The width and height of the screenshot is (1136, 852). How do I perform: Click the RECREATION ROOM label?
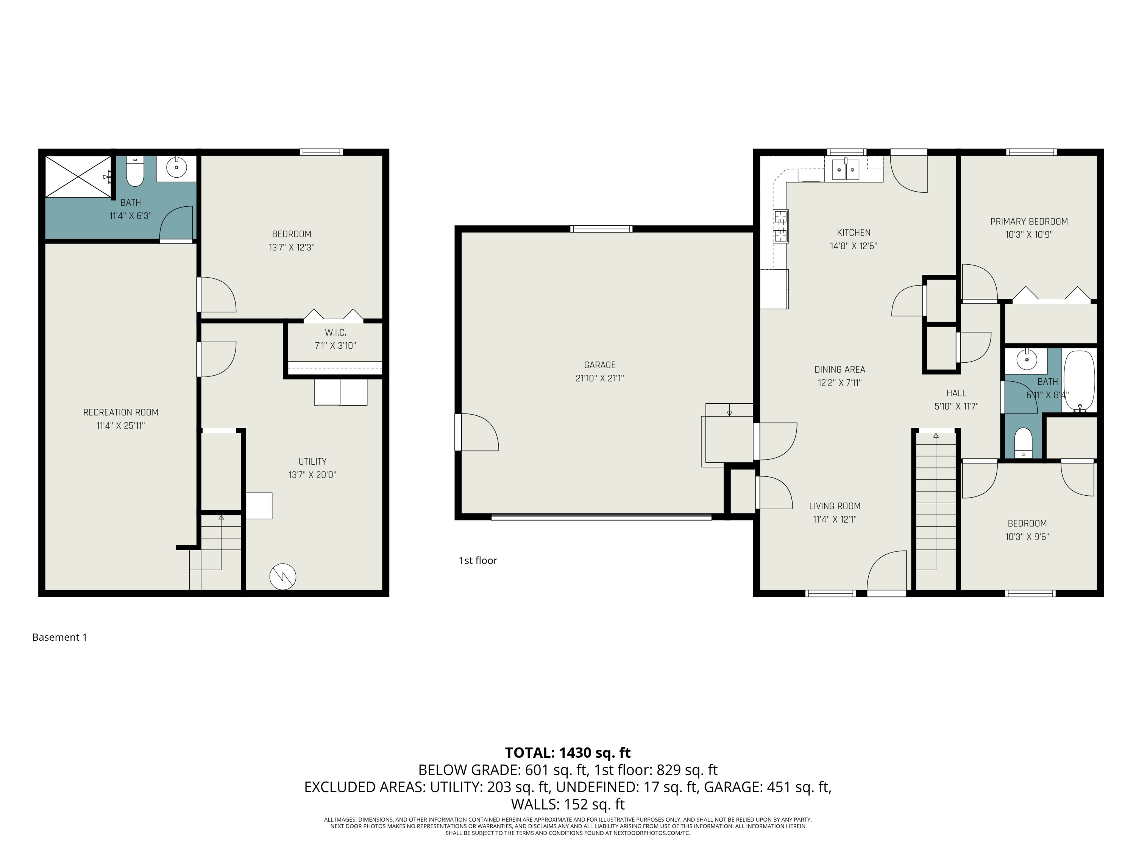coord(121,412)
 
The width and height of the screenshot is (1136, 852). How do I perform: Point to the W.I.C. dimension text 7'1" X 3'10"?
coord(335,346)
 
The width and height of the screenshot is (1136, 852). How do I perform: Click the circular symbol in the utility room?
coord(282,576)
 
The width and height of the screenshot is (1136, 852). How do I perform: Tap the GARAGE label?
coord(599,365)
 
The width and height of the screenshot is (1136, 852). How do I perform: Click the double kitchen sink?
coord(845,170)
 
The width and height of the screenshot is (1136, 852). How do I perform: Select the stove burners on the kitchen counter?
coord(780,226)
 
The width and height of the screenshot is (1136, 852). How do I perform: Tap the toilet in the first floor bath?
coord(1023,442)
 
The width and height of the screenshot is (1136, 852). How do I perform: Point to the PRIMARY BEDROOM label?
coord(1029,222)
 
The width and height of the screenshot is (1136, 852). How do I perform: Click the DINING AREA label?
coord(840,370)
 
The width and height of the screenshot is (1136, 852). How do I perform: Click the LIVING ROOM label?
coord(835,506)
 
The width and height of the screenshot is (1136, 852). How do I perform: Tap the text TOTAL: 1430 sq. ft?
coord(568,752)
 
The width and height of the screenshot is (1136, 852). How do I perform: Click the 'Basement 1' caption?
coord(59,637)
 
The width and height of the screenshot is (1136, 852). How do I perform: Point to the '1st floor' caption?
coord(477,561)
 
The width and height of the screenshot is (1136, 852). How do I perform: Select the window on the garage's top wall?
coord(601,229)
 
